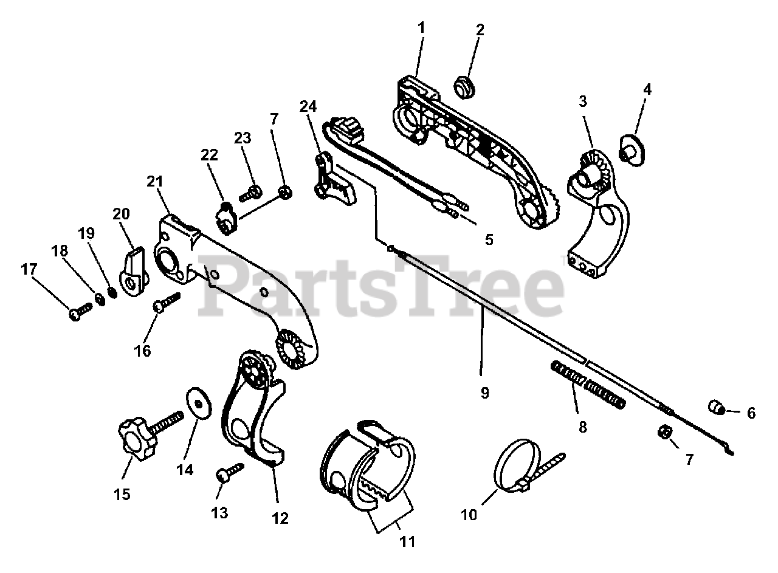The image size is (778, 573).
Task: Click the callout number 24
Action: pyautogui.click(x=308, y=106)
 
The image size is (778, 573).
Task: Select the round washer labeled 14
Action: pyautogui.click(x=197, y=403)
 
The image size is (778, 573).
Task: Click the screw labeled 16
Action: pyautogui.click(x=168, y=303)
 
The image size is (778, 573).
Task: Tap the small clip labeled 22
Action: pyautogui.click(x=226, y=218)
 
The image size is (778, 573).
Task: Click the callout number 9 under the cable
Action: pyautogui.click(x=484, y=393)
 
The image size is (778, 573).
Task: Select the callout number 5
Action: pyautogui.click(x=489, y=239)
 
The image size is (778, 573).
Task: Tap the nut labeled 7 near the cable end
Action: pyautogui.click(x=665, y=432)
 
